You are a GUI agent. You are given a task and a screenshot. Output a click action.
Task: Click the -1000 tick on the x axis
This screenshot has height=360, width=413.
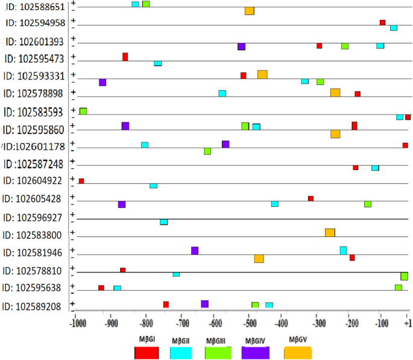77,323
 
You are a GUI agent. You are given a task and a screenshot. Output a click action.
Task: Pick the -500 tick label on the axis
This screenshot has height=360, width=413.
247,323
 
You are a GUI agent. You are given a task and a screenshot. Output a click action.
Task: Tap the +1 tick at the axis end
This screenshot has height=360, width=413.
408,323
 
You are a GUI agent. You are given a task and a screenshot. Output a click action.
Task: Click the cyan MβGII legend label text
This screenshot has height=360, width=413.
181,341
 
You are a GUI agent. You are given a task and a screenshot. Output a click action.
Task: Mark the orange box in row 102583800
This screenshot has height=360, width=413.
330,233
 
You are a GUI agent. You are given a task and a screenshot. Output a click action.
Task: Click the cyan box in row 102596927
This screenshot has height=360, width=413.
164,222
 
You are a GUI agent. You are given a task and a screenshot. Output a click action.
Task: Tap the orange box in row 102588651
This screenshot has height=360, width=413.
249,11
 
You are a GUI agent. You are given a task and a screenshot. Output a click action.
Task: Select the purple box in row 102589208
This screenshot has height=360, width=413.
205,304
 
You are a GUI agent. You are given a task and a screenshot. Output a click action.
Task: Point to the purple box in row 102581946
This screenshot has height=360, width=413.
195,251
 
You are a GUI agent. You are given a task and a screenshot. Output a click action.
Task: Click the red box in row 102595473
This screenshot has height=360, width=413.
125,57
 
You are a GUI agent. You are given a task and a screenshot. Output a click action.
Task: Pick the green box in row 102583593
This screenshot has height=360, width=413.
83,111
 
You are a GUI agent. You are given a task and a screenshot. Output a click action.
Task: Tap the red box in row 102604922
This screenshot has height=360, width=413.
81,181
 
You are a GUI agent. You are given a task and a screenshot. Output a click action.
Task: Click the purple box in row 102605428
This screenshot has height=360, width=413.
122,204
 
